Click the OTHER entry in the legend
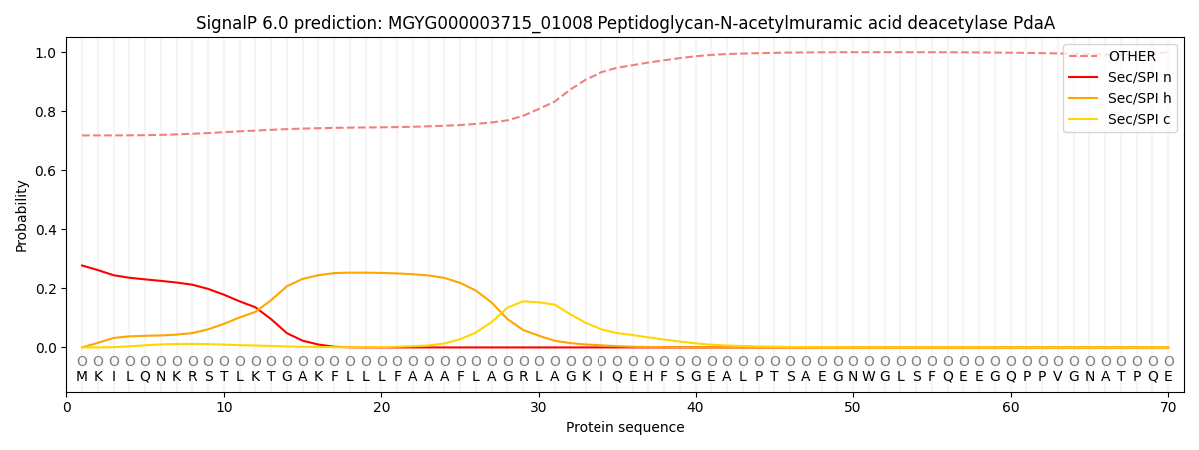(1131, 57)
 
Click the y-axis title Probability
(21, 215)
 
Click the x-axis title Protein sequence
(625, 428)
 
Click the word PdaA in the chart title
(1034, 23)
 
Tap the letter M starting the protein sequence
(82, 377)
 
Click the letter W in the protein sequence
(869, 377)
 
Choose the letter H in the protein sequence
(648, 377)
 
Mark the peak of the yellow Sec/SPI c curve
(523, 301)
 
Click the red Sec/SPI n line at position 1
(82, 265)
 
